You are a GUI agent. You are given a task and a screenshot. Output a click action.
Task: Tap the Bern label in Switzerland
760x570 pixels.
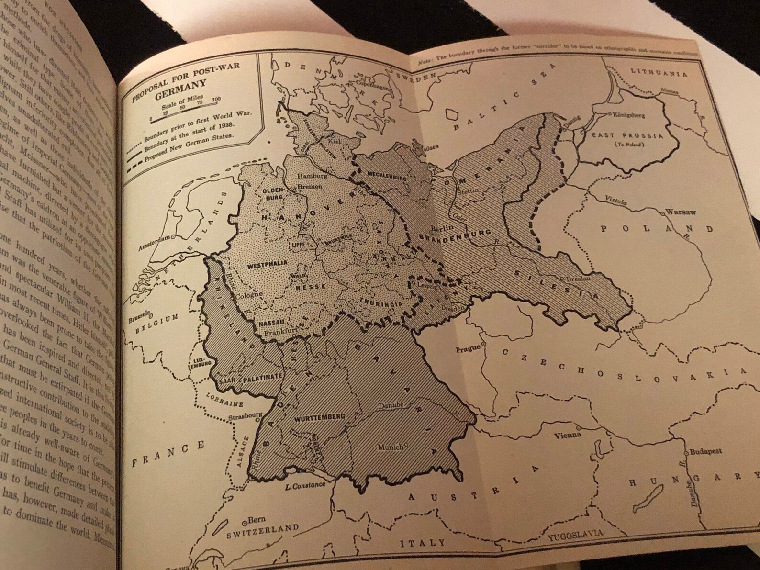tap(257, 520)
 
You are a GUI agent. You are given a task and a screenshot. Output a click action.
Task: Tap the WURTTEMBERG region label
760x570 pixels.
tap(320, 417)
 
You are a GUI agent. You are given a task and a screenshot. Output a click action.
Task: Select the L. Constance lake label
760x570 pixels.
tap(305, 487)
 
